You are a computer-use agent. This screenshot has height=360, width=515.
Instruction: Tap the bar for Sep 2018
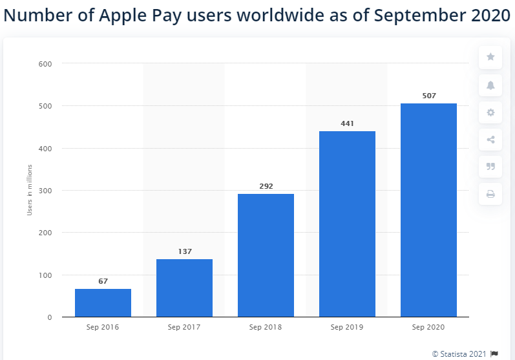[266, 255]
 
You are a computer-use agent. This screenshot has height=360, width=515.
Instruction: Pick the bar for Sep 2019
[347, 224]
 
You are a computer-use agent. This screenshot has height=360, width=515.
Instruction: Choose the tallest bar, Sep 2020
[428, 210]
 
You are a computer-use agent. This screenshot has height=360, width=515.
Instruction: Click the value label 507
[428, 96]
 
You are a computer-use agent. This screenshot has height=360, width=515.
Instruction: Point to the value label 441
[347, 123]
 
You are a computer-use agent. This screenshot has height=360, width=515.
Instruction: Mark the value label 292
[266, 186]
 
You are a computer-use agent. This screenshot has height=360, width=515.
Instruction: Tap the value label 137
[184, 251]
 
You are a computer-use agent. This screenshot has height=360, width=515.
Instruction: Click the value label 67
[103, 281]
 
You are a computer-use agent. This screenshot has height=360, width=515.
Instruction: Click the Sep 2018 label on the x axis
[266, 327]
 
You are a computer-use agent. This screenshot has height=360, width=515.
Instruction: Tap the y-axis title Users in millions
[29, 191]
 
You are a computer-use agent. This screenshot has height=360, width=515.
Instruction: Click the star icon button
[490, 58]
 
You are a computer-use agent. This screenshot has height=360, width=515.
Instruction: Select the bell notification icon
[490, 85]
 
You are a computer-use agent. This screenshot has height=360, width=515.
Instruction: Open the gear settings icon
[490, 112]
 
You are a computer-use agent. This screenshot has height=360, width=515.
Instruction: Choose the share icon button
[490, 140]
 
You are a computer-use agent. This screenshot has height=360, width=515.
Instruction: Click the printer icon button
[490, 193]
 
